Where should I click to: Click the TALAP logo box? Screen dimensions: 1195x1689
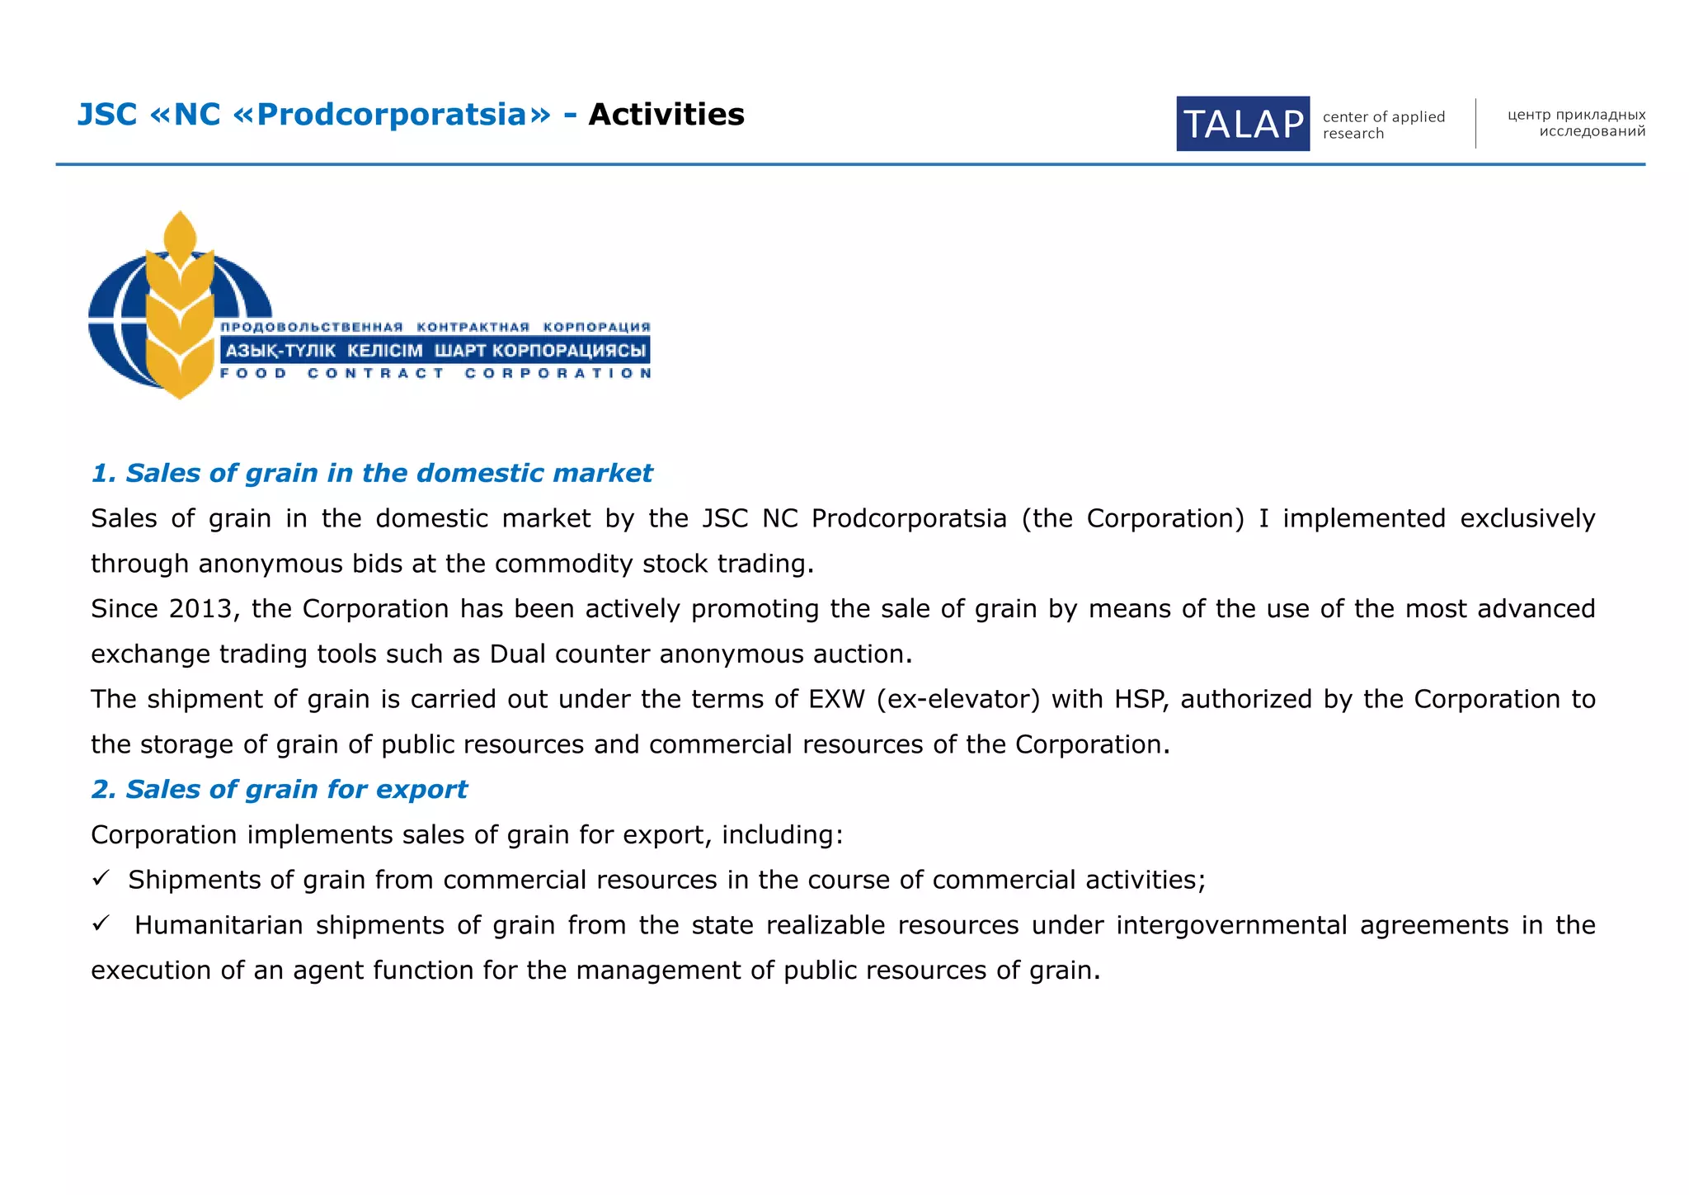tap(1242, 124)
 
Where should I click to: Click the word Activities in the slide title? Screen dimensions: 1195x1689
tap(666, 115)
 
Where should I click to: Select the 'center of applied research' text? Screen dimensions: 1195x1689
tap(1383, 125)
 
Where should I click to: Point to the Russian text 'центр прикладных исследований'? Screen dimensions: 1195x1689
tap(1576, 123)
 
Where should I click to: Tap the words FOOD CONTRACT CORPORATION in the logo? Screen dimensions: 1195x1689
tap(435, 374)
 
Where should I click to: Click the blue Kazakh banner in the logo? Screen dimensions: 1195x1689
tap(435, 351)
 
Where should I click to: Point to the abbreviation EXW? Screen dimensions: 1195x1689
tap(836, 699)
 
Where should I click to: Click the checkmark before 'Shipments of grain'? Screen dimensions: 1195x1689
tap(101, 879)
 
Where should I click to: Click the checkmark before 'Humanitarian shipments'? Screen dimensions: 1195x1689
tap(101, 923)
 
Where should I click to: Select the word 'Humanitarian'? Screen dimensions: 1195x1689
tap(219, 925)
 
